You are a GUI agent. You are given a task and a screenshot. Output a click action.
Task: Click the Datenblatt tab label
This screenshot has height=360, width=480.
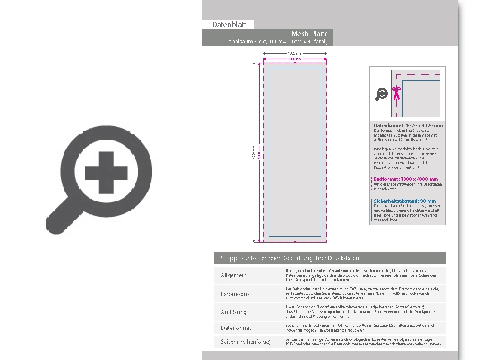(229, 24)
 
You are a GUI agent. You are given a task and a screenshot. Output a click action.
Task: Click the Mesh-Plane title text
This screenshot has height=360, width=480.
(310, 34)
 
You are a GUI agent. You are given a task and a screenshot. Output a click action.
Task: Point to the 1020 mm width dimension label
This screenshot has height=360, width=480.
(294, 53)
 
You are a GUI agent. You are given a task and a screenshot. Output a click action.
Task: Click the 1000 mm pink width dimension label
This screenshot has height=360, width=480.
(294, 59)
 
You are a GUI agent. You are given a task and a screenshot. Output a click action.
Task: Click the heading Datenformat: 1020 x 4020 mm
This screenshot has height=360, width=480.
(408, 125)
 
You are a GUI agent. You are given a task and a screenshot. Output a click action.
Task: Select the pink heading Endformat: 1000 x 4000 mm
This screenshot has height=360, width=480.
(406, 179)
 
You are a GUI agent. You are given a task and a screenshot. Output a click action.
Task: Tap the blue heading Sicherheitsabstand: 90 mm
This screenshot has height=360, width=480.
(404, 201)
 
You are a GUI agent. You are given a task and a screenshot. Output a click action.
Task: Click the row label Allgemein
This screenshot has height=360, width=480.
(234, 275)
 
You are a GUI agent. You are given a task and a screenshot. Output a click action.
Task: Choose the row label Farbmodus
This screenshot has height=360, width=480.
(235, 294)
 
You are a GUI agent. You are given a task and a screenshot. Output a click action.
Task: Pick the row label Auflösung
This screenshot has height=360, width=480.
(234, 312)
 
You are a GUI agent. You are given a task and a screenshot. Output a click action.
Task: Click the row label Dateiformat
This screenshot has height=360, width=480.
(236, 328)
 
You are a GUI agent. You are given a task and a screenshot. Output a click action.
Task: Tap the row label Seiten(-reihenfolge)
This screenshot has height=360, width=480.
(246, 342)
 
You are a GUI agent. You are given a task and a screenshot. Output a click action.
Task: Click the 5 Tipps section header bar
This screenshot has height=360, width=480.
(330, 258)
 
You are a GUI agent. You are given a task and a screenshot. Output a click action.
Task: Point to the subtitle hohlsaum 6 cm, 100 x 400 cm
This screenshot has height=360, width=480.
(281, 42)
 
